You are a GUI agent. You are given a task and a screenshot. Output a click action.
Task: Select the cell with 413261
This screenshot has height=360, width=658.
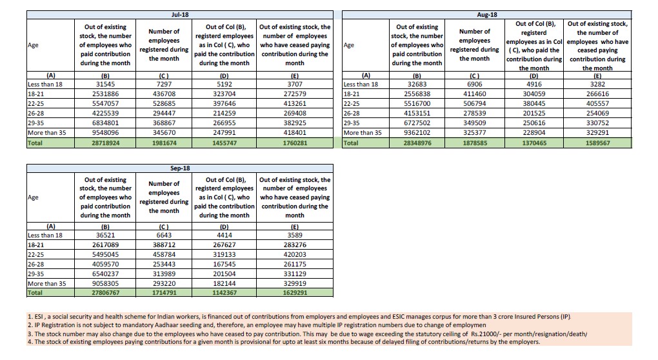pos(295,103)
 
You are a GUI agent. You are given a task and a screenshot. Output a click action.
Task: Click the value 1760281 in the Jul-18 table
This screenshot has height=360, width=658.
pos(295,143)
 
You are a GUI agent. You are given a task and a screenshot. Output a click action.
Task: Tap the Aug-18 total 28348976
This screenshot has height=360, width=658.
pos(417,143)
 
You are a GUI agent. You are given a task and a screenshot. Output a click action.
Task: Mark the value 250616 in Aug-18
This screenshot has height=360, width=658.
pos(534,123)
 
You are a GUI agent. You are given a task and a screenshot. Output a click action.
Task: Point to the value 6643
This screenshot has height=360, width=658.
pos(163,235)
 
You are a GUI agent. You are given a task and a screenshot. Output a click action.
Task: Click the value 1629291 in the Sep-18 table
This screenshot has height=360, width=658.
pos(295,292)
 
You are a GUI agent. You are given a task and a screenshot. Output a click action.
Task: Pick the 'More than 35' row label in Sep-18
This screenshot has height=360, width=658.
pos(46,283)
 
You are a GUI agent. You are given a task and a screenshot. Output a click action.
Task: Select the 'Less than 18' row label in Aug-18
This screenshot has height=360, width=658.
pos(361,84)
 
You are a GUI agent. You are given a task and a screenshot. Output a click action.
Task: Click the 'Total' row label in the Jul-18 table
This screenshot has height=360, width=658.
pos(35,143)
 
